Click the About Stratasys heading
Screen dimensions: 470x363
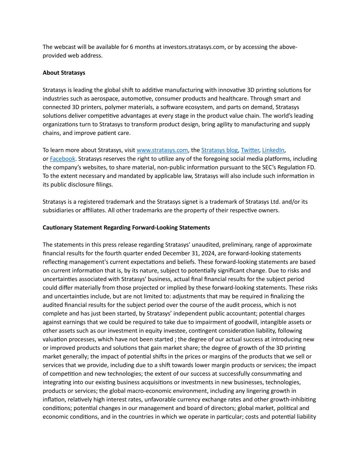coord(64,73)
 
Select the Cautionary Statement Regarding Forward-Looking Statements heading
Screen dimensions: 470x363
coord(126,228)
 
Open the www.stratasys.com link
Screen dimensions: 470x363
coord(162,150)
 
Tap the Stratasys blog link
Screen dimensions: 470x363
coord(219,150)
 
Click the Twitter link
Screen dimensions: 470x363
coord(250,150)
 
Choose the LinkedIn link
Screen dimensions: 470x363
coord(273,150)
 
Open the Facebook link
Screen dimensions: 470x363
coord(62,159)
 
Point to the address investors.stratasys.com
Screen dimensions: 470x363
coord(194,47)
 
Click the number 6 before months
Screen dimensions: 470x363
coord(131,47)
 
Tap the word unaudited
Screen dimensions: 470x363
coord(205,245)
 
